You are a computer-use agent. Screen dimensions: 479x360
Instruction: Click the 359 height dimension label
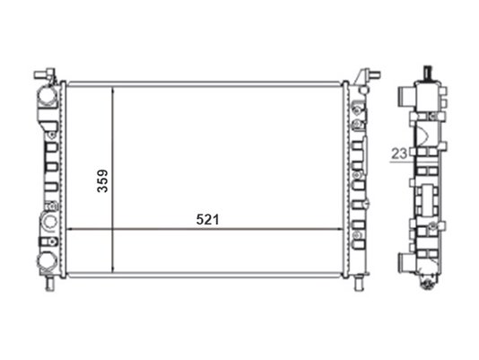click(x=102, y=180)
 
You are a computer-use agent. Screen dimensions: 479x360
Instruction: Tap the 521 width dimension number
click(x=208, y=220)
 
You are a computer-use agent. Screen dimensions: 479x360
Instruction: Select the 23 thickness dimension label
click(x=399, y=154)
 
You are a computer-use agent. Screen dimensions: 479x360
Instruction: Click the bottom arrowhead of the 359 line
click(x=113, y=269)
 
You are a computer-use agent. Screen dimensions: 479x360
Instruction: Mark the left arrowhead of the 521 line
click(x=70, y=229)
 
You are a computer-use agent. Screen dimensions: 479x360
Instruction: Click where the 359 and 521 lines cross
click(x=113, y=229)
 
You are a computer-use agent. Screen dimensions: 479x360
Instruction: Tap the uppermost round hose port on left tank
click(x=47, y=96)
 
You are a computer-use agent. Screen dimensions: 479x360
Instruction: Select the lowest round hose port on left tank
click(x=48, y=262)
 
